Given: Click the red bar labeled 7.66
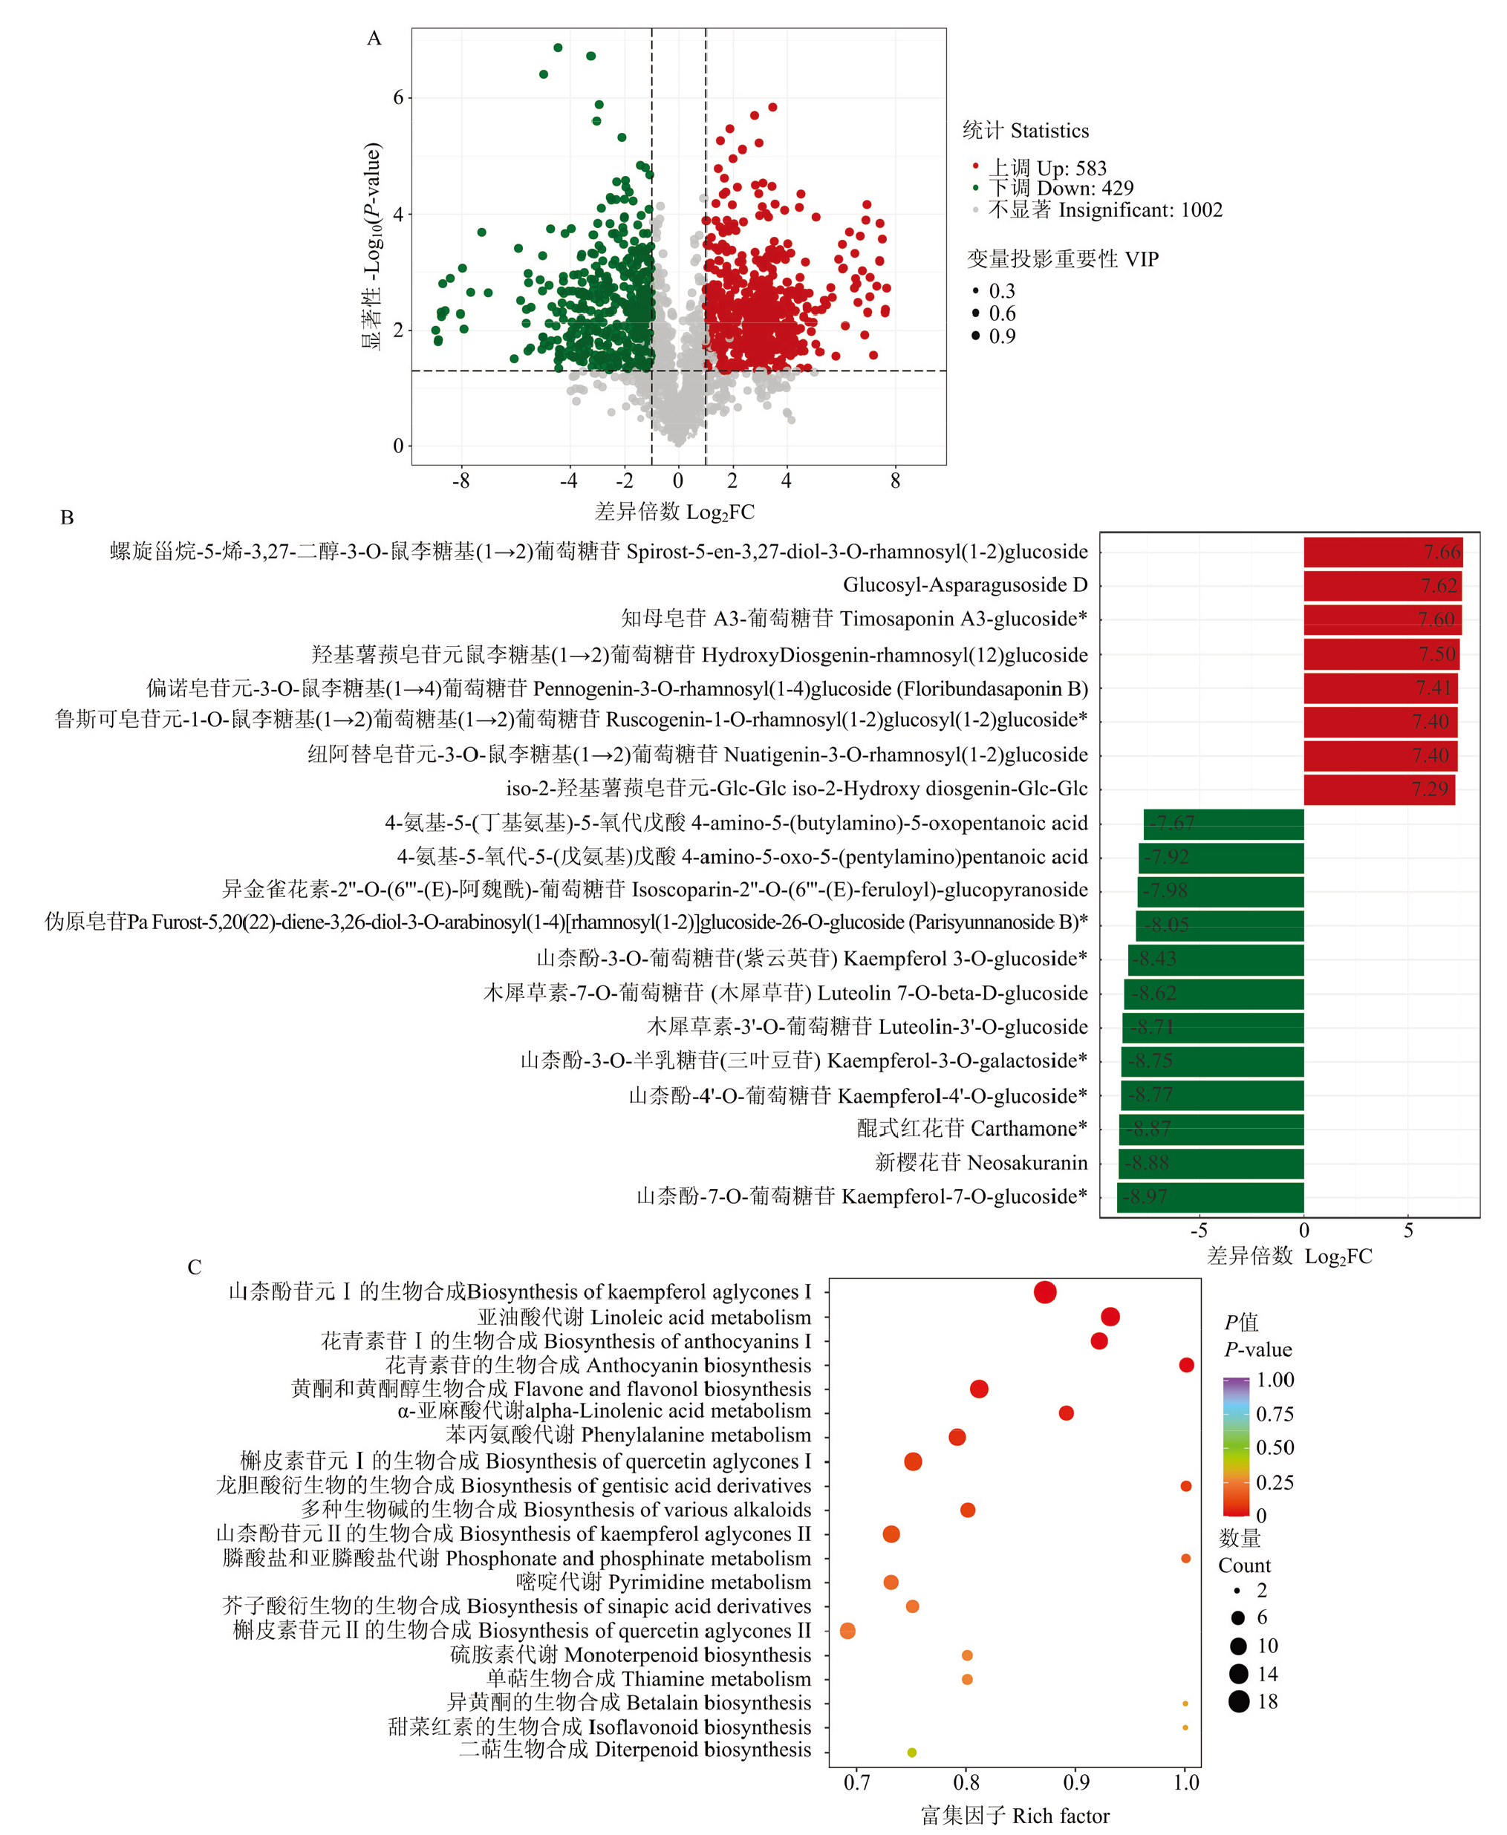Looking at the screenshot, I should click(1382, 552).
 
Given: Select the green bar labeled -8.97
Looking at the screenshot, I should click(1210, 1197).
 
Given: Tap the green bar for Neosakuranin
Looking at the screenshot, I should click(1212, 1163).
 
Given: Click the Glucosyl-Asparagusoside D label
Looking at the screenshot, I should click(965, 585).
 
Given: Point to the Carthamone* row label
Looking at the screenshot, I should click(971, 1129).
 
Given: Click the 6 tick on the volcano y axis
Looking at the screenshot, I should click(398, 97).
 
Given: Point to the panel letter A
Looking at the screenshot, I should click(374, 38).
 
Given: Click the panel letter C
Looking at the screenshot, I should click(195, 1268).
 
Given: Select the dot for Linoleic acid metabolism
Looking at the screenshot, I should click(1110, 1317).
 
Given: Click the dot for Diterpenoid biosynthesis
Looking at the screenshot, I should click(911, 1753).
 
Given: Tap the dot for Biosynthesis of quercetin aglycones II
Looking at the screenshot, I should click(848, 1631).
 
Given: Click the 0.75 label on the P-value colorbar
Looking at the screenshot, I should click(1275, 1414).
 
